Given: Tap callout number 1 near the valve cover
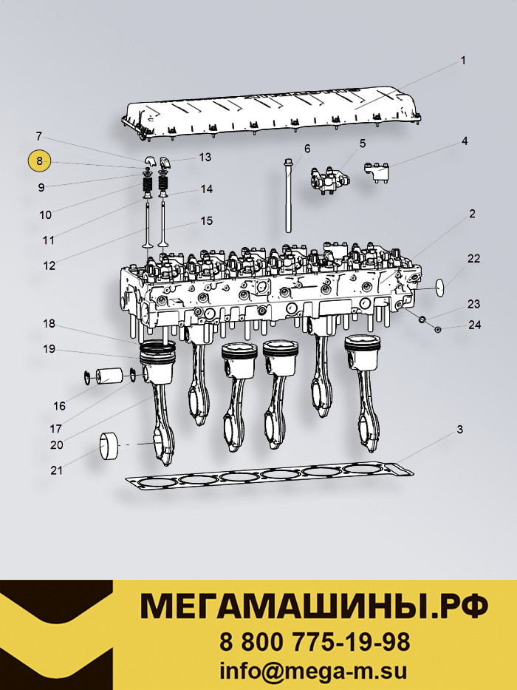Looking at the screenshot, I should coord(463,61).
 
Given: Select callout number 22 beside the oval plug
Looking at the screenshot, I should coord(473,258).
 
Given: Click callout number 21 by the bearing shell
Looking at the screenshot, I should coord(57,470).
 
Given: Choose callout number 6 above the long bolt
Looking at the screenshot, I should coord(307,148).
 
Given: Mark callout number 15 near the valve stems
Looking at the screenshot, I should coord(206,220).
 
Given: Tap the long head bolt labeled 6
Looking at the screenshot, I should coord(287,196).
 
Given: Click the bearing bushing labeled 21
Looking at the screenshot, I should coord(110,445).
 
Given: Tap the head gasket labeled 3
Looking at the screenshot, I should coord(266,477).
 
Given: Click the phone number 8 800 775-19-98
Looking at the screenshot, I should coord(315,640).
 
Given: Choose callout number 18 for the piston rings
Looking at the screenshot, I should coord(49,324).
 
